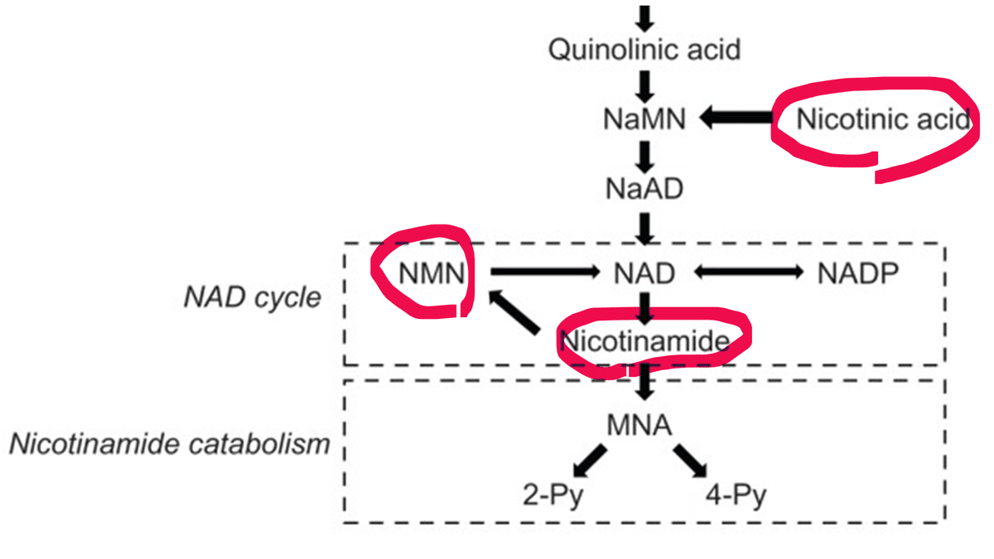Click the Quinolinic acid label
644,50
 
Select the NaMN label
644,120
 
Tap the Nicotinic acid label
881,120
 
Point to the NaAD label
644,189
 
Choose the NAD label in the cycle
644,272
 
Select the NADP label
857,272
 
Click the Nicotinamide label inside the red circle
644,340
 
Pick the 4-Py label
736,497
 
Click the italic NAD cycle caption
252,297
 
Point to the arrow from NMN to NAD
543,271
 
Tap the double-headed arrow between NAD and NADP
747,271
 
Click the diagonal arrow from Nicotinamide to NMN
517,312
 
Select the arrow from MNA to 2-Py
590,460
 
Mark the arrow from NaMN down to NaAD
645,155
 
